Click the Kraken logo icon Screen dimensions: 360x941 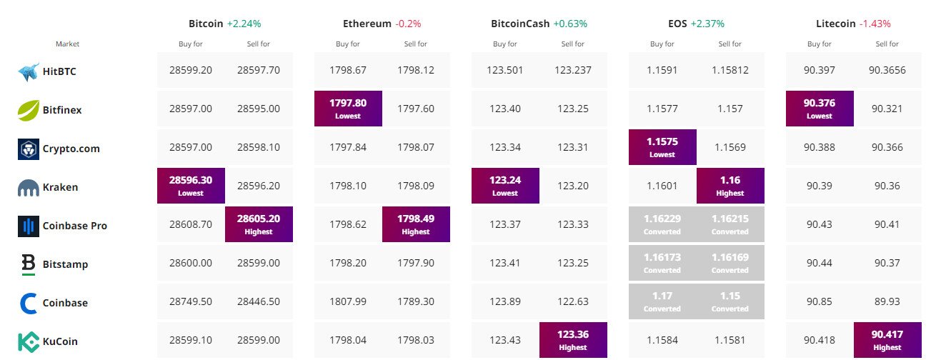(x=28, y=187)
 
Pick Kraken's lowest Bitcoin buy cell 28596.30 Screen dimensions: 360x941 (x=191, y=185)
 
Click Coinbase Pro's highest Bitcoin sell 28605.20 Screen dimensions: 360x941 (x=259, y=224)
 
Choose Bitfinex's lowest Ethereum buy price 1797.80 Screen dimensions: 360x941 (x=348, y=108)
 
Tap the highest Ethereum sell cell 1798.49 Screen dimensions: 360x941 (x=416, y=224)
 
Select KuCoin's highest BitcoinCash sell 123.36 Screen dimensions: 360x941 (x=573, y=339)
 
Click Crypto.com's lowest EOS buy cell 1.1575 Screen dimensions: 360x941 (x=662, y=146)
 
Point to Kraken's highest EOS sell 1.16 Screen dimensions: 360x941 (x=730, y=185)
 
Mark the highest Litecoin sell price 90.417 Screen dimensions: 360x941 (x=887, y=339)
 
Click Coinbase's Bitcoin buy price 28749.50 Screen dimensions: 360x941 (x=191, y=303)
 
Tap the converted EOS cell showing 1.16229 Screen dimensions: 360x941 (x=662, y=224)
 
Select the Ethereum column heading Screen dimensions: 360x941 (x=367, y=24)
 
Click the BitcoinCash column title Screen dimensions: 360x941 (x=520, y=24)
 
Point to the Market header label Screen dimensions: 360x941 (x=68, y=44)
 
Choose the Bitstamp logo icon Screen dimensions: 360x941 (x=28, y=264)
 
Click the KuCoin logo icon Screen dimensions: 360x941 (x=28, y=341)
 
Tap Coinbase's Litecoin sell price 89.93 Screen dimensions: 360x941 (x=887, y=303)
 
